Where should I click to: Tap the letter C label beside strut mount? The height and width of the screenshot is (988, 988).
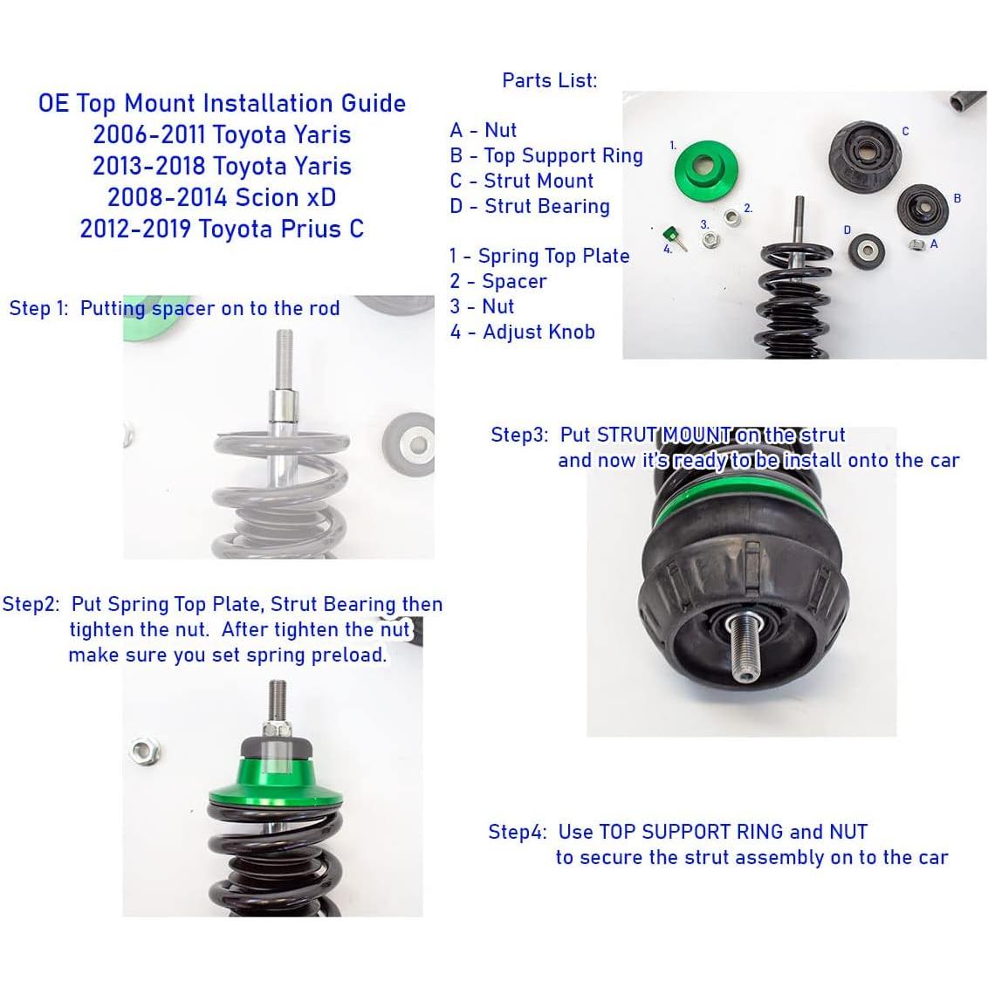(905, 132)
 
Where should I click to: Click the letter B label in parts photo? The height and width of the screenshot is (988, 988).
(957, 198)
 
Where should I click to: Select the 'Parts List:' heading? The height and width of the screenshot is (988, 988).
(549, 80)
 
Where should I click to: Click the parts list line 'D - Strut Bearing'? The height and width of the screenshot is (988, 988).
(529, 206)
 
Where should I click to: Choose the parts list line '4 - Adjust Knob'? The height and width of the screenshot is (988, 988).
(522, 332)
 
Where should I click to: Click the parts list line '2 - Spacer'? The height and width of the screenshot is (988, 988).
(497, 281)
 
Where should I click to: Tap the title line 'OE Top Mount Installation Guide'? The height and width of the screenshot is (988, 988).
(222, 103)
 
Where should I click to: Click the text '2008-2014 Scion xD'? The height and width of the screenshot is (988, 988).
(222, 197)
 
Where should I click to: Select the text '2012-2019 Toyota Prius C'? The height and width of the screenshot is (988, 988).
(222, 229)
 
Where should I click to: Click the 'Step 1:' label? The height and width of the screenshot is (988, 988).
(38, 308)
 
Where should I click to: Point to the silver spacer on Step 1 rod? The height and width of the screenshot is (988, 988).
(283, 408)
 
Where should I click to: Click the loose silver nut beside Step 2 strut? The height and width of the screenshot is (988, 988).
(142, 748)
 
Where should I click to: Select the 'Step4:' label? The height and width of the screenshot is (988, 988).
(517, 832)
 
